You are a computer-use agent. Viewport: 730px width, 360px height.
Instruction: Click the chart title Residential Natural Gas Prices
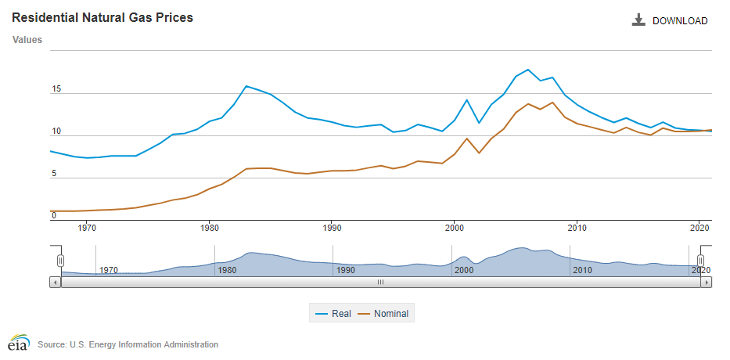[102, 17]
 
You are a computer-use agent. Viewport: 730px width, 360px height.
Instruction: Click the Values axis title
[27, 39]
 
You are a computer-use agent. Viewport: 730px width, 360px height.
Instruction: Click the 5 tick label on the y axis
[54, 174]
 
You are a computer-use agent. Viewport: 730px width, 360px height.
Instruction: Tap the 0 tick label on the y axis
[54, 216]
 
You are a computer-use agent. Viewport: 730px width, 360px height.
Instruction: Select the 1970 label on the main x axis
[87, 229]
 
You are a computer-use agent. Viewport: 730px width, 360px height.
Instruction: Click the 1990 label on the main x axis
[332, 229]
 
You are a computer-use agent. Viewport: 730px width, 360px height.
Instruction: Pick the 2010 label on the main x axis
[577, 229]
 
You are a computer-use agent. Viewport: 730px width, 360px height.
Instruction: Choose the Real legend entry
[333, 314]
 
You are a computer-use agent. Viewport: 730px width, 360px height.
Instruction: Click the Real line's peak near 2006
[528, 70]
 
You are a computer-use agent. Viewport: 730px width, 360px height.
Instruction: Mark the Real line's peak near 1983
[246, 86]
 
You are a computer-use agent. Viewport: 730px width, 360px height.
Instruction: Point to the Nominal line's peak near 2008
[552, 103]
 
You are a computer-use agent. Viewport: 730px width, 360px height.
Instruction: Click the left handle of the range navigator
[60, 261]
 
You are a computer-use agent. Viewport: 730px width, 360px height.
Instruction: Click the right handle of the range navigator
[701, 261]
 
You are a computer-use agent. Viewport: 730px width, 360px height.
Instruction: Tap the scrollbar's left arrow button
[55, 282]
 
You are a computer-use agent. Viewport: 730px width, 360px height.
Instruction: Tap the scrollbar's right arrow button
[707, 282]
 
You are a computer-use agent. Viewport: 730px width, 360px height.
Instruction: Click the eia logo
[18, 344]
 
